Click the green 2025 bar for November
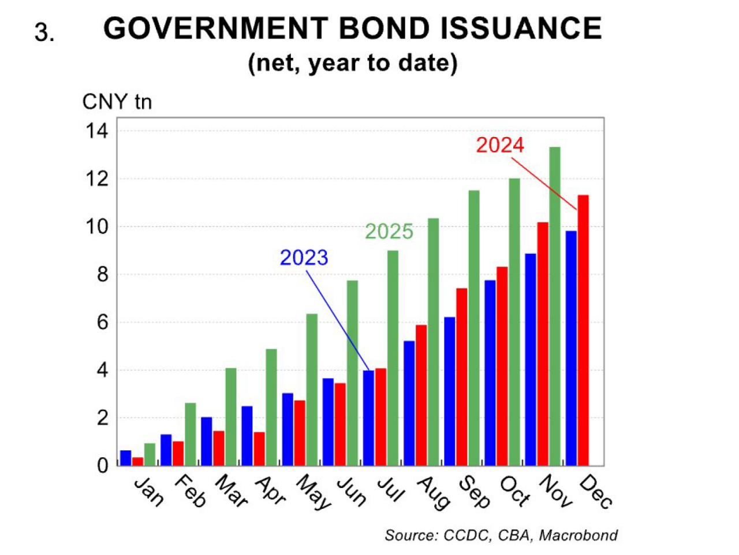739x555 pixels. point(554,306)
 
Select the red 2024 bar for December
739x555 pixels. point(583,330)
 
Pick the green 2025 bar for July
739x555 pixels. point(393,358)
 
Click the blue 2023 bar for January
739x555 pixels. point(125,458)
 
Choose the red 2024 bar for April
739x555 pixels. point(259,449)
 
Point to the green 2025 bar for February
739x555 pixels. point(191,434)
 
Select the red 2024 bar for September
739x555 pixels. point(461,376)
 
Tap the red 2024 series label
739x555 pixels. point(500,145)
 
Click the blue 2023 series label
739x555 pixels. point(304,257)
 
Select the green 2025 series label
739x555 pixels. point(389,231)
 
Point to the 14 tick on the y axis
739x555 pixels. point(97,131)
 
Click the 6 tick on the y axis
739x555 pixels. point(102,322)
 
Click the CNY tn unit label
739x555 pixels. point(117,102)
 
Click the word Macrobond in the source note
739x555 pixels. point(578,535)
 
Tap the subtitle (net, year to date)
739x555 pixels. point(352,62)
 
